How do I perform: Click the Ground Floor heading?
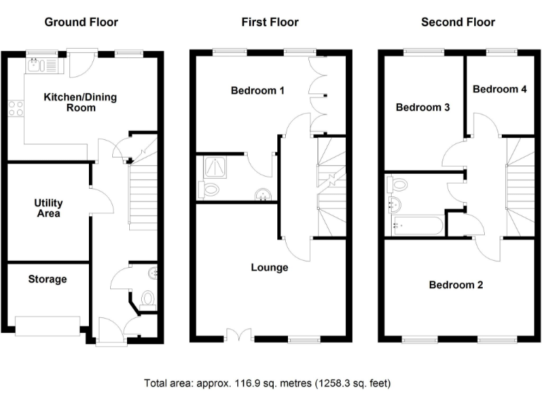pos(81,22)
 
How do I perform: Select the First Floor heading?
pos(270,22)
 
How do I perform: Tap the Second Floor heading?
pos(458,22)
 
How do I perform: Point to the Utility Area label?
pos(48,208)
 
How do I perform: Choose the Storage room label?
pos(47,279)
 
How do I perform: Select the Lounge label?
pos(270,268)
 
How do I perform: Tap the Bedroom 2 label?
pos(456,285)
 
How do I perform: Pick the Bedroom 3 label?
pos(422,107)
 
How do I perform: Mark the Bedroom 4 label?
pos(499,89)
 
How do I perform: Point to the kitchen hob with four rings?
pos(16,108)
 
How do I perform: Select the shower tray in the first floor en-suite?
pos(212,167)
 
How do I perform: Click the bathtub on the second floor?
pos(416,227)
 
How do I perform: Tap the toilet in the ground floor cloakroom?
pos(148,300)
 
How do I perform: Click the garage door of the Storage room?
pos(48,325)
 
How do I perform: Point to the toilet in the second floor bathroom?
pos(399,185)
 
